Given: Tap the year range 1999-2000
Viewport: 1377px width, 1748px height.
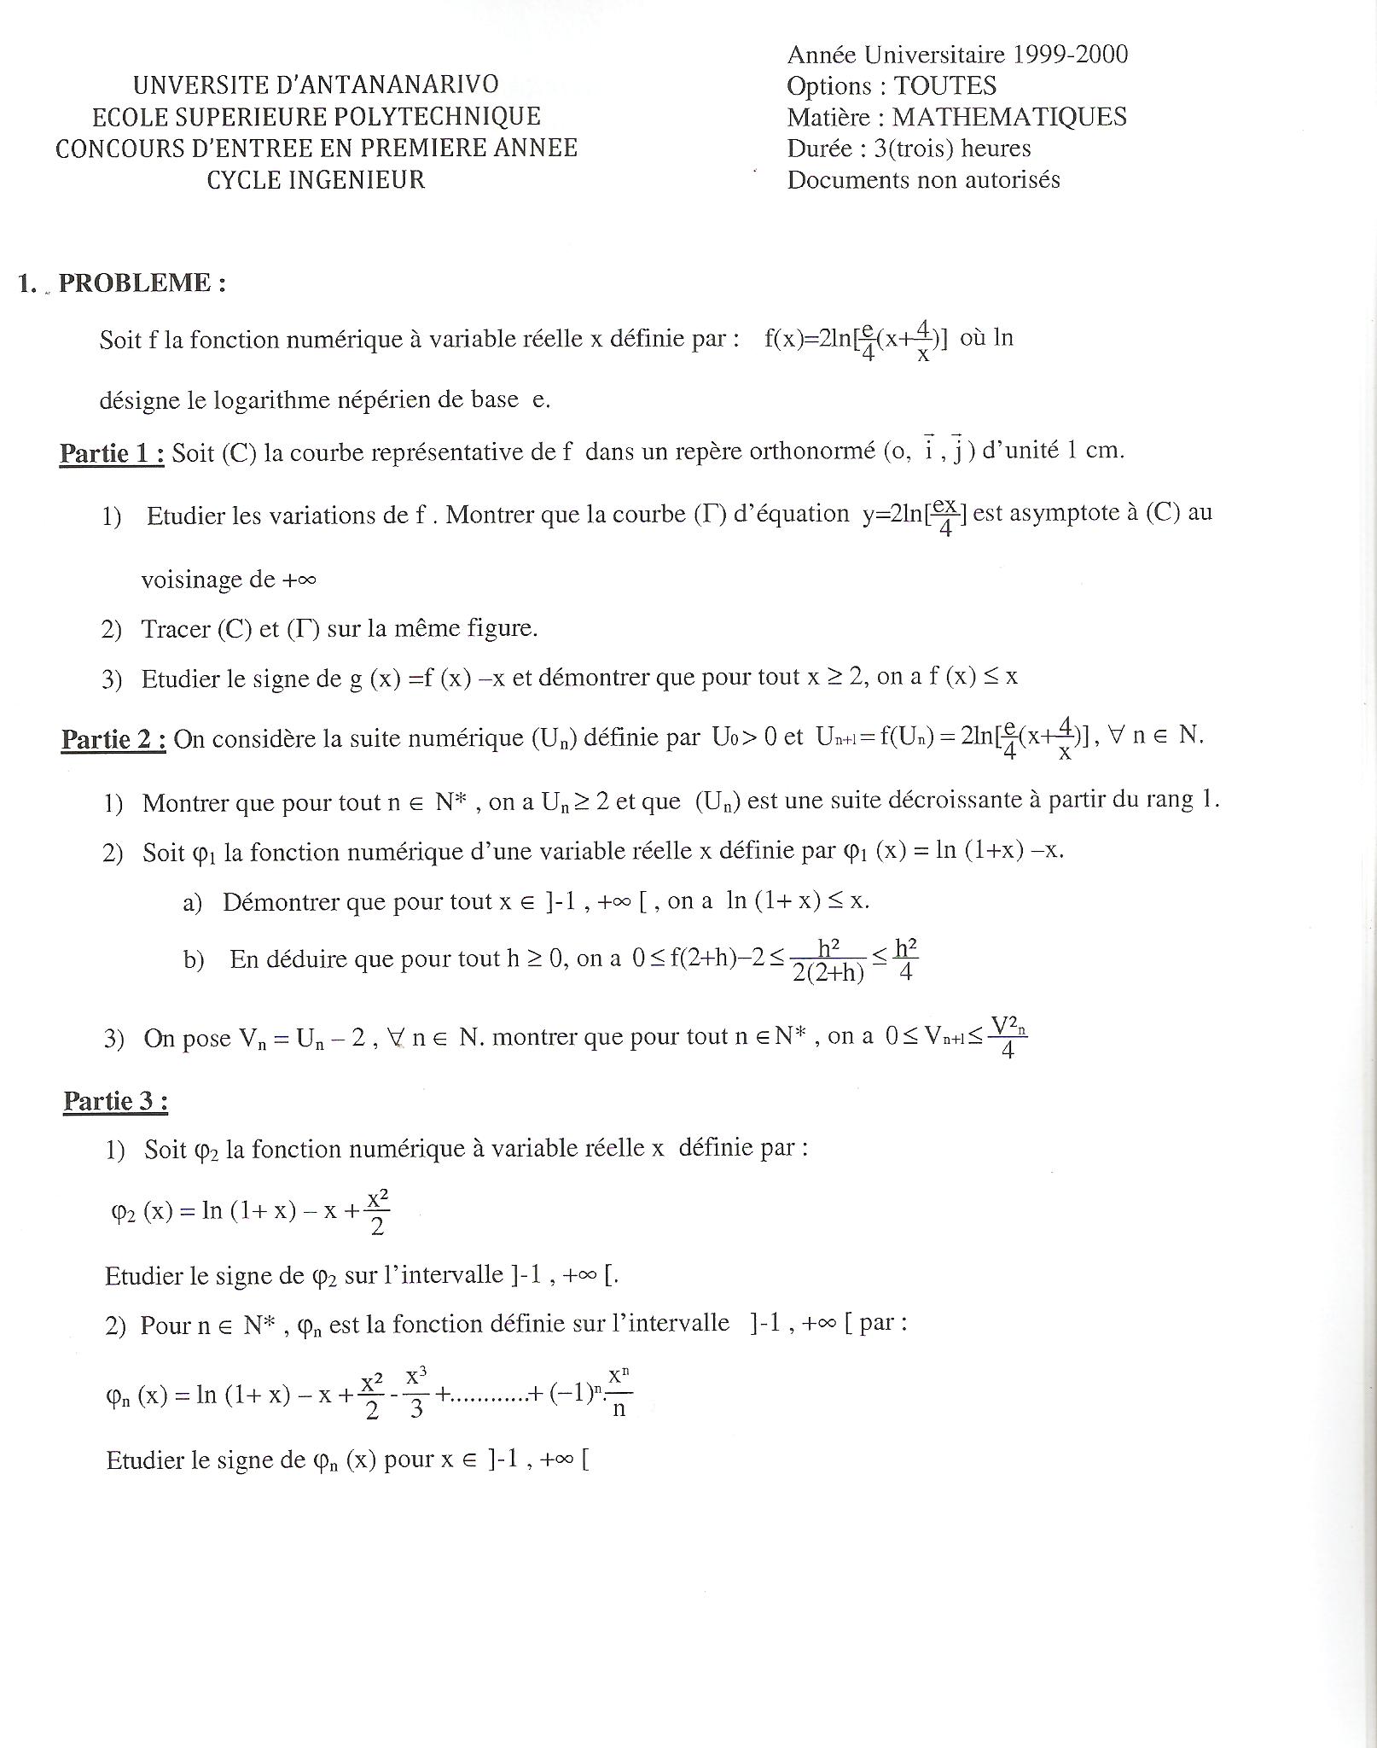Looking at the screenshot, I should [1070, 55].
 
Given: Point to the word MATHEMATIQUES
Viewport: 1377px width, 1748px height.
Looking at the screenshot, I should [1009, 117].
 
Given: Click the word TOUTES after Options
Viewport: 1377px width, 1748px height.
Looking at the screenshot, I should [945, 86].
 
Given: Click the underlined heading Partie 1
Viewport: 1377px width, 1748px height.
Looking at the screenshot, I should [112, 452].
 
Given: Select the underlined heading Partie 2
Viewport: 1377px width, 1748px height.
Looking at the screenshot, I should [113, 739].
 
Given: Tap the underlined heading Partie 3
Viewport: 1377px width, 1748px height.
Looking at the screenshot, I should [115, 1101].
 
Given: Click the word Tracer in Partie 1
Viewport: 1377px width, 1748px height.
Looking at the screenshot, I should [176, 629].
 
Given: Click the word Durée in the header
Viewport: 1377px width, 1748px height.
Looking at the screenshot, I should [819, 149].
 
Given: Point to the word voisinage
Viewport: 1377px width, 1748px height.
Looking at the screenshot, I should [192, 580].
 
